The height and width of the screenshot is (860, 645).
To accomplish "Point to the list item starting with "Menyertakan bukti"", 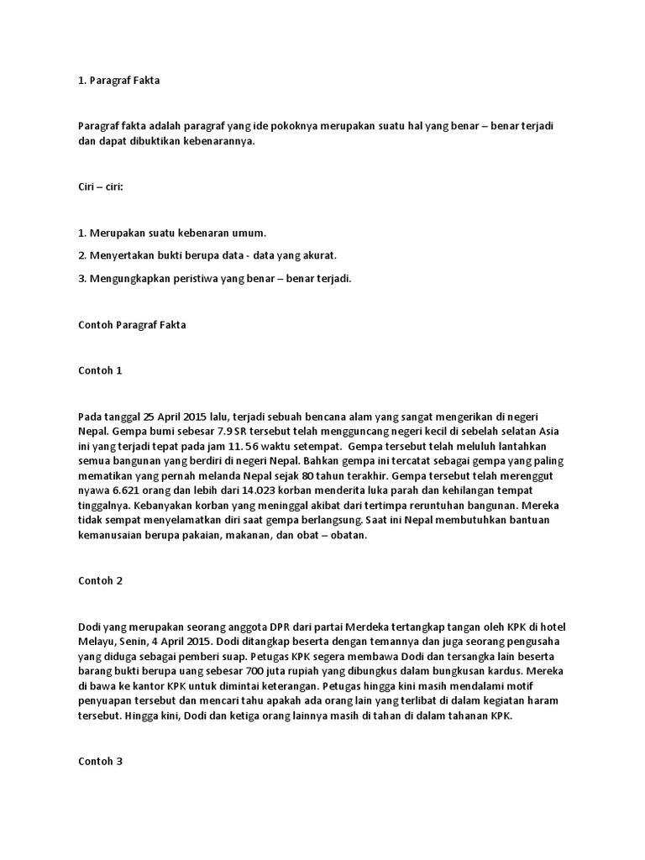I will point(207,255).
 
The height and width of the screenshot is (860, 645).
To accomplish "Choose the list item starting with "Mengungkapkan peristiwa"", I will point(214,278).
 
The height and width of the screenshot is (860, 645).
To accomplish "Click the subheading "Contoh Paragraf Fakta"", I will point(132,324).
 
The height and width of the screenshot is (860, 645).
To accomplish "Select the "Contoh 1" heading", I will point(100,370).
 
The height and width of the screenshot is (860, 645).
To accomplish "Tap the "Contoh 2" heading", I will point(100,580).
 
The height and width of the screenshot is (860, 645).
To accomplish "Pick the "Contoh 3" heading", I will point(100,762).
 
